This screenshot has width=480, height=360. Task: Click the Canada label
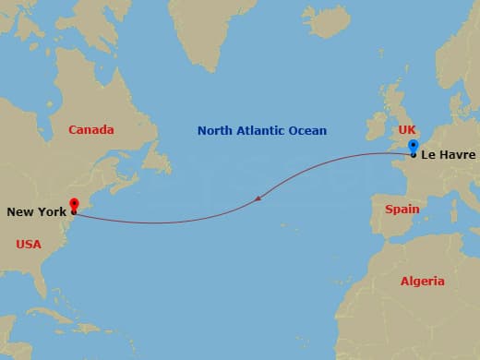pos(91,130)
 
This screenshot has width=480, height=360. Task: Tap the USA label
pos(30,244)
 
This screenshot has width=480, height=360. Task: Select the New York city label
pos(36,212)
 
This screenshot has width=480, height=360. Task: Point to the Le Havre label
pos(448,155)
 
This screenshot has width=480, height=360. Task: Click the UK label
pos(406,130)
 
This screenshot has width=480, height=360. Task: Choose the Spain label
pos(402,210)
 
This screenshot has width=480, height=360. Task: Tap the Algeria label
pos(422,281)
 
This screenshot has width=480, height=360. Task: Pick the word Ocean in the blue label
pos(308,131)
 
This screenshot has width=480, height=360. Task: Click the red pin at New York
pos(74,205)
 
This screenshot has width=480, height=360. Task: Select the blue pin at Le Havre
pos(414,146)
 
